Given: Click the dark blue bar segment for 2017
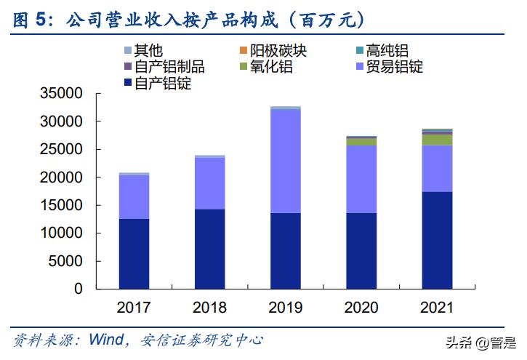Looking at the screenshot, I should [x=134, y=253].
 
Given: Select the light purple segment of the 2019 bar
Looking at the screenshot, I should [x=286, y=161].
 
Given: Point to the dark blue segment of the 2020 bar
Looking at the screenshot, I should [x=361, y=250].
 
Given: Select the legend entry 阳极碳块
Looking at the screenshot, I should [x=270, y=51].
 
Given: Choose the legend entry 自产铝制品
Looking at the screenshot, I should [x=164, y=67].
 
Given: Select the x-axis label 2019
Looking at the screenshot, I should [x=286, y=307].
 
